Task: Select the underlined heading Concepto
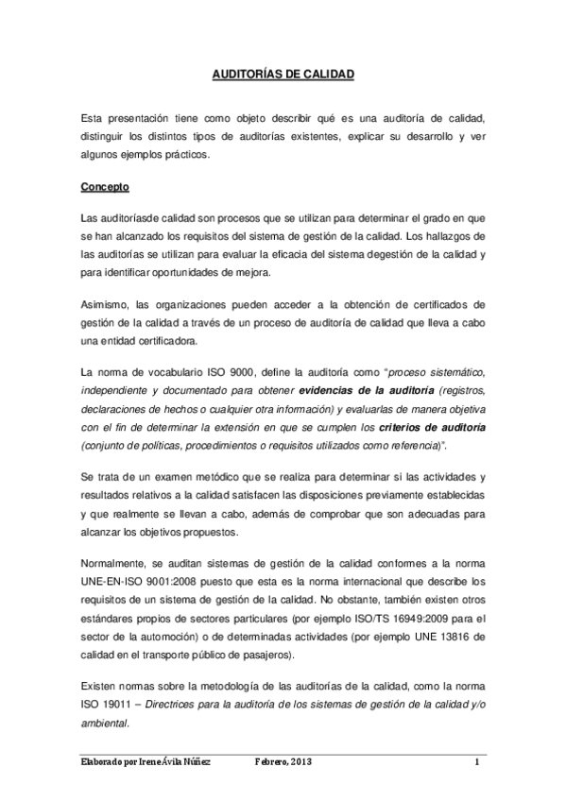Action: tap(104, 187)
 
